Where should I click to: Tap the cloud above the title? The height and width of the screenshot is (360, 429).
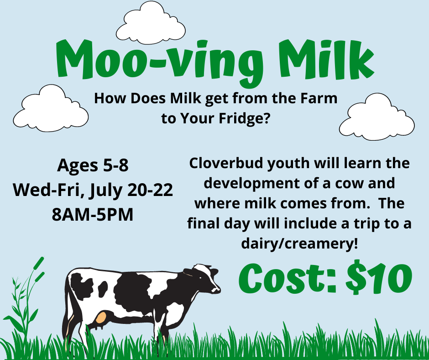pyautogui.click(x=151, y=24)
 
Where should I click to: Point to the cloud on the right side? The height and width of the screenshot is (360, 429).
pyautogui.click(x=377, y=117)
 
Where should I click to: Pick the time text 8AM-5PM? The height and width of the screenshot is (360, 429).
pyautogui.click(x=93, y=214)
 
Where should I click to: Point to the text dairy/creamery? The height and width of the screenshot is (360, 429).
pyautogui.click(x=299, y=244)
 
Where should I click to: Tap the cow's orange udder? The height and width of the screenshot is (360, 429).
pyautogui.click(x=101, y=317)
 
